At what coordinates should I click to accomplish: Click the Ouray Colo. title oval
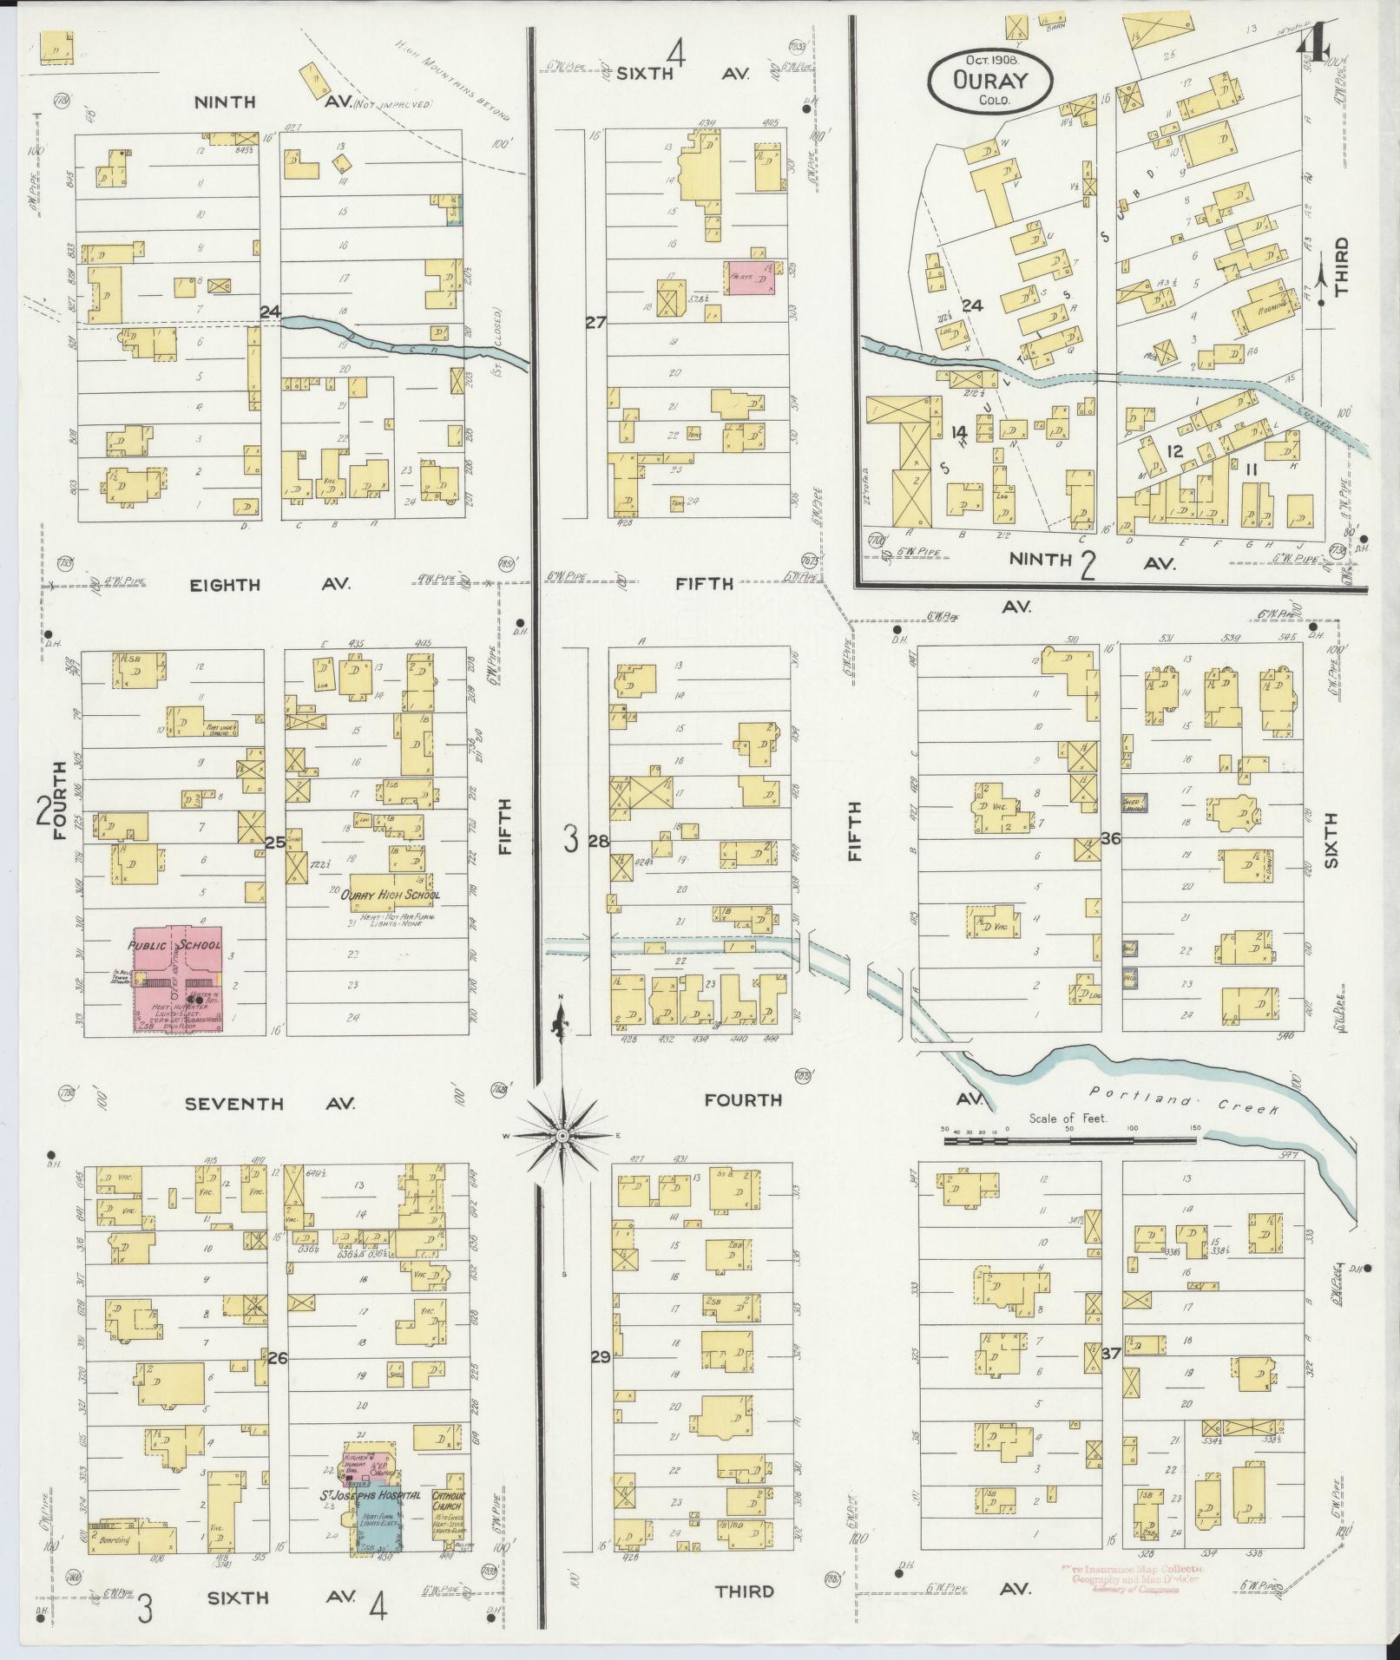(989, 79)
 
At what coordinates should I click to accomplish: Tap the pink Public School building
(177, 981)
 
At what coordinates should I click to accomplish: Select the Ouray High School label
(390, 896)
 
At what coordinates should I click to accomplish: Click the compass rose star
(562, 1136)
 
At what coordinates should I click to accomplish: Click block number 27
(595, 323)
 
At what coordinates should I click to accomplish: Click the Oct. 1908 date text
(990, 60)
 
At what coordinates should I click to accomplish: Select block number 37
(1109, 1375)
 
